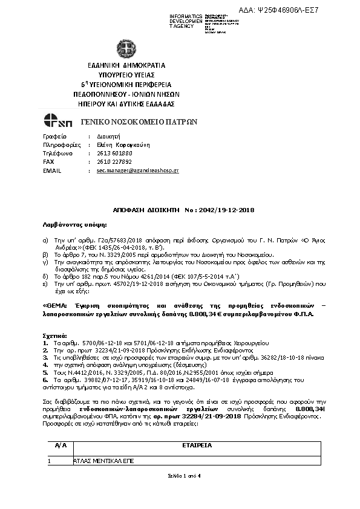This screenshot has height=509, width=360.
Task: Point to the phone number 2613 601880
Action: click(x=113, y=154)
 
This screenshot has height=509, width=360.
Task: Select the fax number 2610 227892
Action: click(x=113, y=162)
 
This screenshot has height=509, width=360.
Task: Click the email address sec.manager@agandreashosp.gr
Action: click(x=137, y=171)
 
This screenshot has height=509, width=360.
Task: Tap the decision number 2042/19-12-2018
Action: click(x=228, y=210)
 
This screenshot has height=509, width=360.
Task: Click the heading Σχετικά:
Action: click(x=54, y=334)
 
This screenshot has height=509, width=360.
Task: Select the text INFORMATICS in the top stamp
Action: click(x=186, y=15)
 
